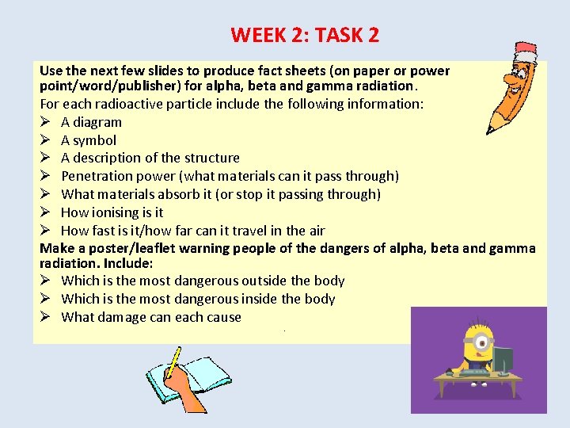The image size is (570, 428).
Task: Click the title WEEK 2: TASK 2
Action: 305,35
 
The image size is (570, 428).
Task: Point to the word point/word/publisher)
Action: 102,86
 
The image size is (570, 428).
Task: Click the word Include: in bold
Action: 128,262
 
